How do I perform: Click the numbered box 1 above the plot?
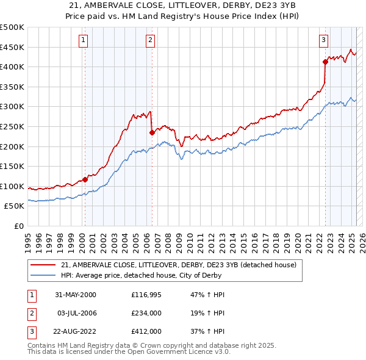tap(83, 41)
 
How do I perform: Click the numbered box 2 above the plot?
tap(150, 41)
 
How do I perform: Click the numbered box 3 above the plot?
tap(323, 41)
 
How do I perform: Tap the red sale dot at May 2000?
tap(85, 179)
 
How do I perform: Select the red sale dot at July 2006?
tap(151, 132)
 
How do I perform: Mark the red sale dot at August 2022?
tap(325, 61)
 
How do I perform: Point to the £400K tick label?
tap(12, 67)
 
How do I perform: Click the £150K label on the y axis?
tap(12, 166)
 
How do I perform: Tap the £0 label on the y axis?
tap(19, 226)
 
